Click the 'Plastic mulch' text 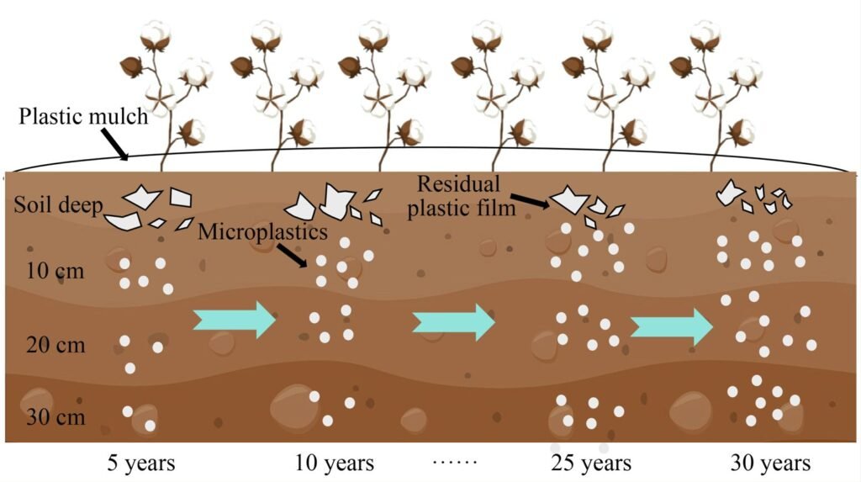[83, 116]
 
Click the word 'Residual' [459, 183]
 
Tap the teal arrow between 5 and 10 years [234, 320]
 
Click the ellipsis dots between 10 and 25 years [455, 463]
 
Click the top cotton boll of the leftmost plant [155, 34]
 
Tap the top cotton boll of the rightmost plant [705, 34]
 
